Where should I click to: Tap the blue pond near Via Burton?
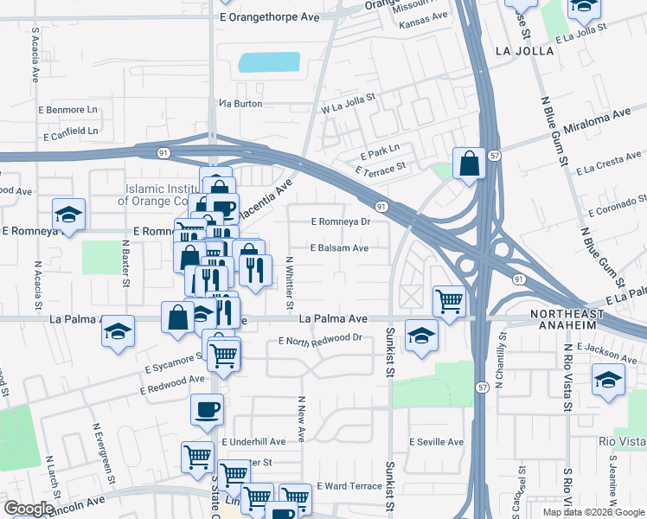(269, 62)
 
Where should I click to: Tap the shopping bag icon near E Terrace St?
(468, 163)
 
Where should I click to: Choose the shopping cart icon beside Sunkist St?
(449, 301)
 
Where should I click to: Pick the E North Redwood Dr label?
(319, 338)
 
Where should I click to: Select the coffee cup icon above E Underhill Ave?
(208, 409)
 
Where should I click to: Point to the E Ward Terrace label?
(349, 486)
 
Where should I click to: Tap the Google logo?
(29, 509)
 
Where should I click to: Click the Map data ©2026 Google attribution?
(593, 512)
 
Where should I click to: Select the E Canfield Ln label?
(69, 131)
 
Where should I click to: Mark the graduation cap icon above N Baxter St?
(68, 215)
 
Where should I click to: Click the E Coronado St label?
(616, 208)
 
